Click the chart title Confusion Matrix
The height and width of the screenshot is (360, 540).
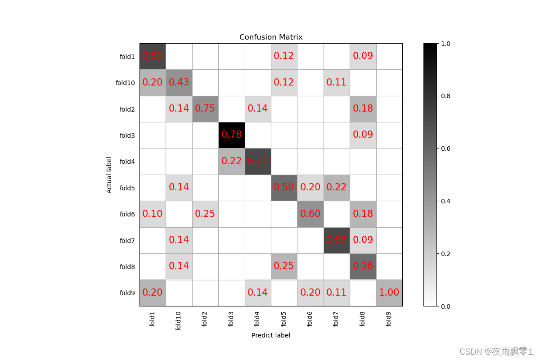pos(271,37)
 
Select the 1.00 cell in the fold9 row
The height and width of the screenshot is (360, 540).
pos(389,292)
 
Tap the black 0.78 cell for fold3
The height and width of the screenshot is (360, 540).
pos(231,135)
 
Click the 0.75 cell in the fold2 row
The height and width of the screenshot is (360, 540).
pos(205,109)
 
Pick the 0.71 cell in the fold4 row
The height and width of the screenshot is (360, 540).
pos(258,161)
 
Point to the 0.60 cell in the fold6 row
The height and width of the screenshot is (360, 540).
pos(310,214)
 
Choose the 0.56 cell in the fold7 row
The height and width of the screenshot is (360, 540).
pos(337,240)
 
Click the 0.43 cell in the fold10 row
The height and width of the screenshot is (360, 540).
pos(179,82)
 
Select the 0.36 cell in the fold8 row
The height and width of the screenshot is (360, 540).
pos(363,266)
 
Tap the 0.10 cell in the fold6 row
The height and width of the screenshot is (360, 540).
pos(153,214)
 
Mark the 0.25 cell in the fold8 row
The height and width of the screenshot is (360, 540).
pos(284,266)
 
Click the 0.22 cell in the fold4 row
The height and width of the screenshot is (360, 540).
pos(231,161)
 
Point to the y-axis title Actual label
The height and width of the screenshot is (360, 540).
pos(109,175)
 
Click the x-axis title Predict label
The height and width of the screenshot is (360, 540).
pos(271,335)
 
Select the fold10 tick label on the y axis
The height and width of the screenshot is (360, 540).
pos(125,83)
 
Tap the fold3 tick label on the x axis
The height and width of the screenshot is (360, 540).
pos(231,319)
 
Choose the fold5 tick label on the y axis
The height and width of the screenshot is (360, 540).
pos(127,188)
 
